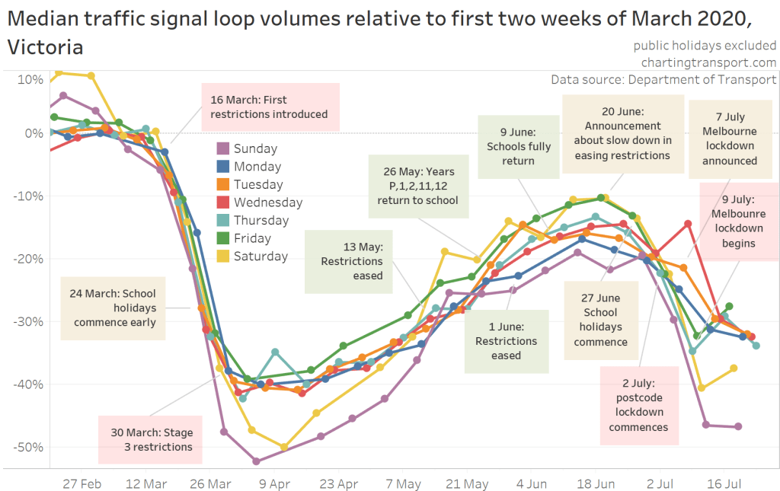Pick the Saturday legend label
(x=261, y=257)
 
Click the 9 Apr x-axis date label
(x=274, y=483)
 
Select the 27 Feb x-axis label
(x=82, y=483)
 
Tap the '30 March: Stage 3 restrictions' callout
(x=150, y=439)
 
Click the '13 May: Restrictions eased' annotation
(x=352, y=260)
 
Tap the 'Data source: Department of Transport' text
(x=663, y=79)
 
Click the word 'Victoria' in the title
(x=46, y=47)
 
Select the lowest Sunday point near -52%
(x=256, y=461)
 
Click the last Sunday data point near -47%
(x=738, y=426)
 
